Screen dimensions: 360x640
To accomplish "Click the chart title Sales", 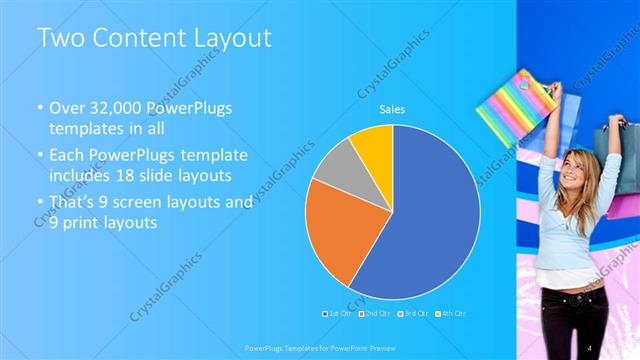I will [x=392, y=111].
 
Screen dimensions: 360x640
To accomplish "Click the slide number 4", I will [x=590, y=347].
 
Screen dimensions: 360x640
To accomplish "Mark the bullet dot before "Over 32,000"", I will [x=40, y=108].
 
